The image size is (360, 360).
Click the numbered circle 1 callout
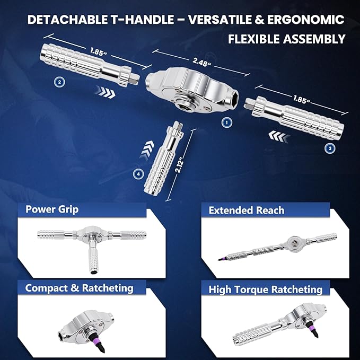[227, 122]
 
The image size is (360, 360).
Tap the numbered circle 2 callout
[59, 82]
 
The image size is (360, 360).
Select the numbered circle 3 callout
[330, 148]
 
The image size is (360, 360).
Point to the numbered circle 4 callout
[138, 174]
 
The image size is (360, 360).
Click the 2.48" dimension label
[201, 62]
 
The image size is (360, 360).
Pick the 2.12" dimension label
[179, 164]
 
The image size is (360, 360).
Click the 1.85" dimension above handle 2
[99, 52]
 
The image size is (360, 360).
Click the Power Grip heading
[52, 209]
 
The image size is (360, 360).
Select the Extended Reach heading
[247, 210]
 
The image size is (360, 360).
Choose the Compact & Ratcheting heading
[79, 288]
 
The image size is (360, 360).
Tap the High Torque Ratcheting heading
[266, 289]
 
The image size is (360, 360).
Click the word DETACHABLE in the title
[67, 20]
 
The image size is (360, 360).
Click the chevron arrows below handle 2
[105, 92]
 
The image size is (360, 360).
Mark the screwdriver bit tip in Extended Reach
[218, 260]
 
